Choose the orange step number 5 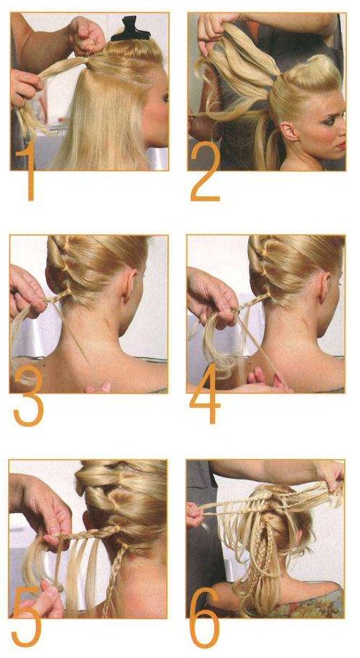click(26, 617)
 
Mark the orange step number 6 click(205, 618)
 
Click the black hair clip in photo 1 click(130, 29)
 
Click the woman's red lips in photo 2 click(341, 146)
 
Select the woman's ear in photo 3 click(130, 284)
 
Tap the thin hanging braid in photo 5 click(113, 579)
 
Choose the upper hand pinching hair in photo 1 click(86, 36)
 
